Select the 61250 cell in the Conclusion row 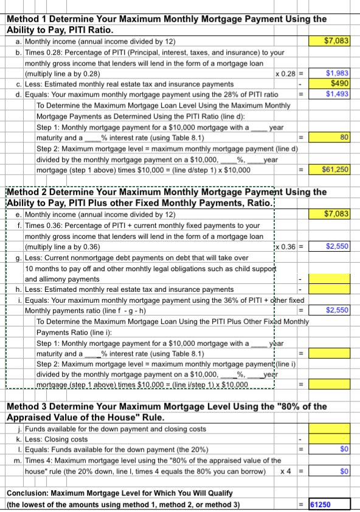coord(329,504)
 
